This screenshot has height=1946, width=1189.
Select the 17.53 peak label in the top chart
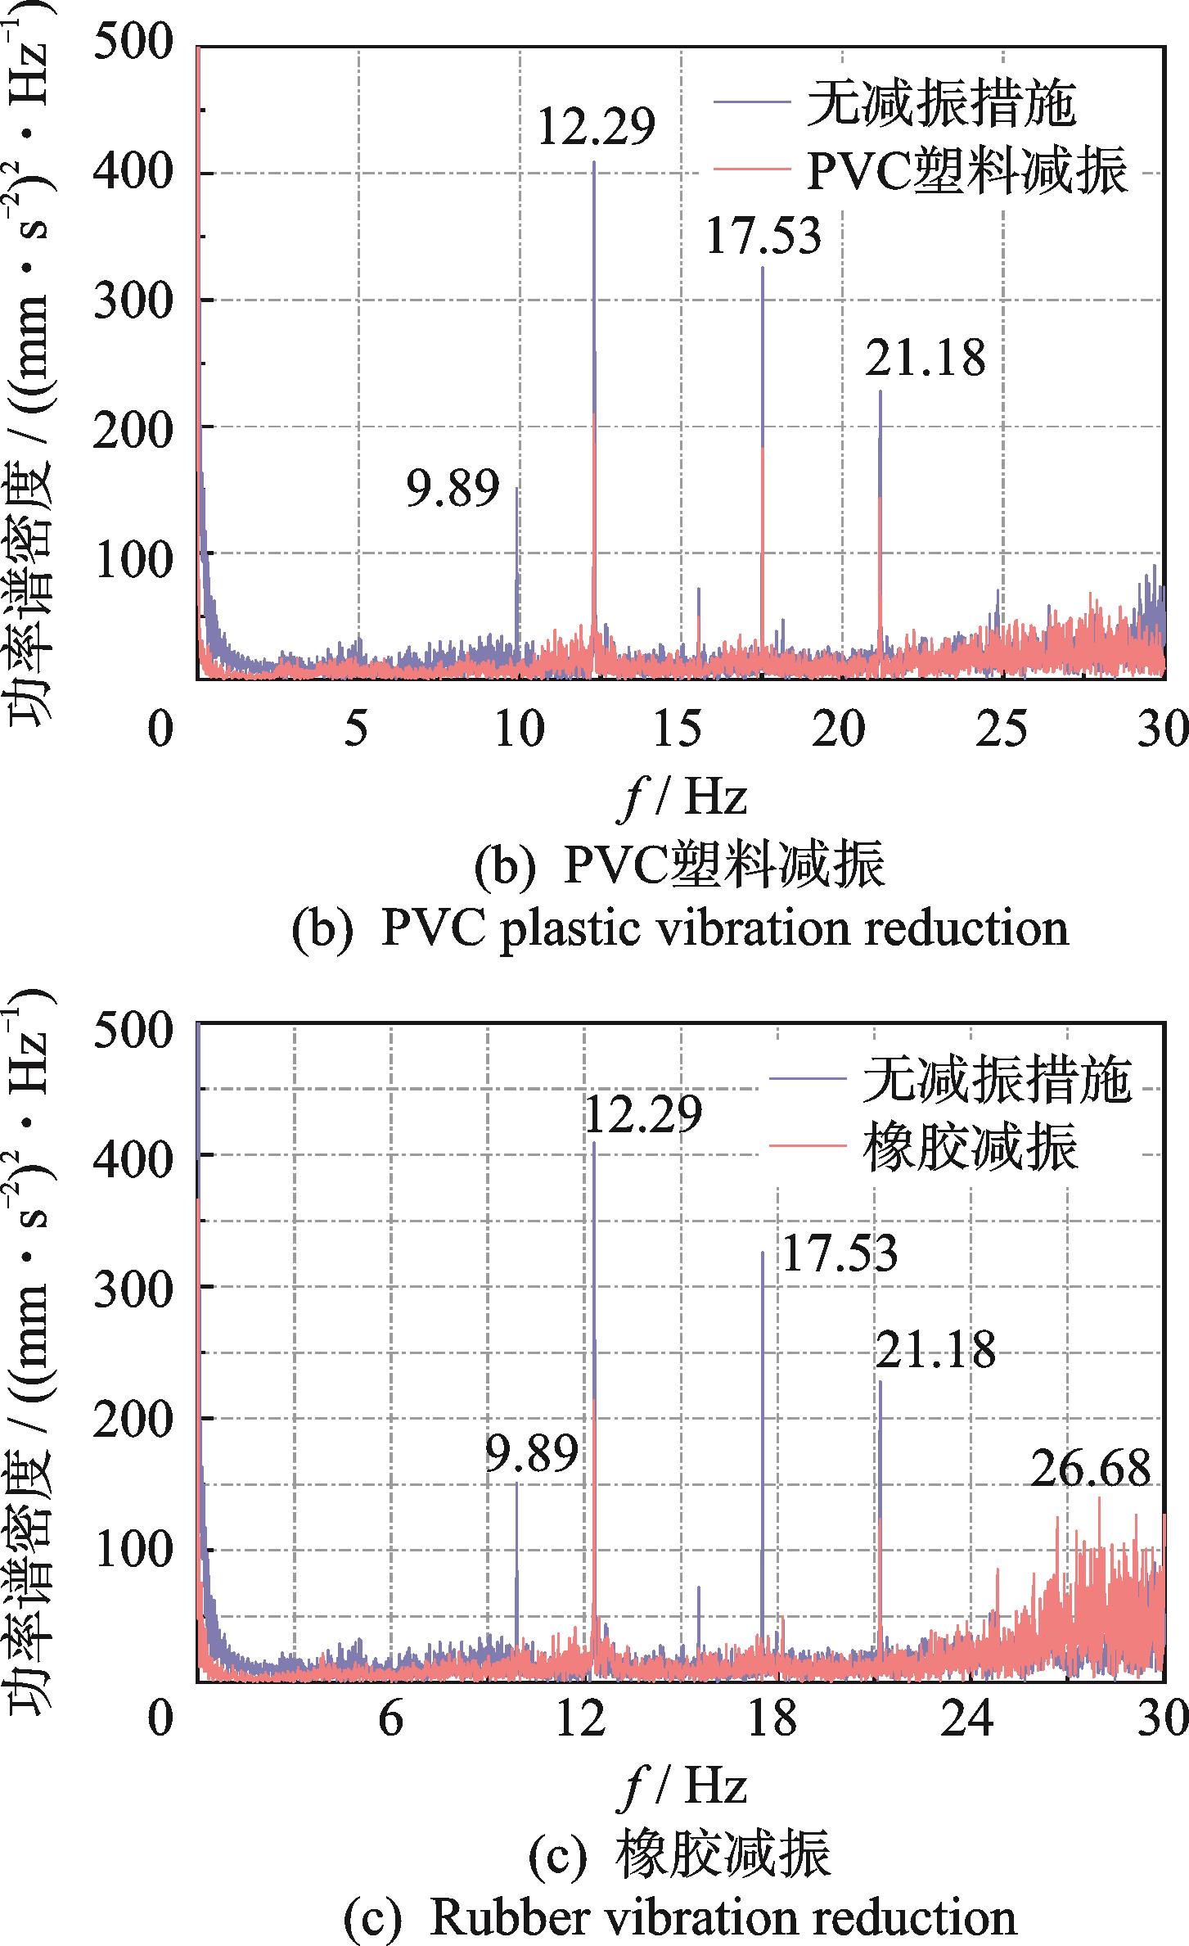coord(763,236)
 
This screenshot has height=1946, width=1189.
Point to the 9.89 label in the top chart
coord(453,490)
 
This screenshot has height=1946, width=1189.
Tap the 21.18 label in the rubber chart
coord(936,1350)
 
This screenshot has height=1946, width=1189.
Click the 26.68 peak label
coord(1090,1469)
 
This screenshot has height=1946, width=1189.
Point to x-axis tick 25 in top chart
coord(1003,728)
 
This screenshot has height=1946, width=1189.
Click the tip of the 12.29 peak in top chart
coord(593,163)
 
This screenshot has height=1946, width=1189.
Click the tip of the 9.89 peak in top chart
coord(516,489)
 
